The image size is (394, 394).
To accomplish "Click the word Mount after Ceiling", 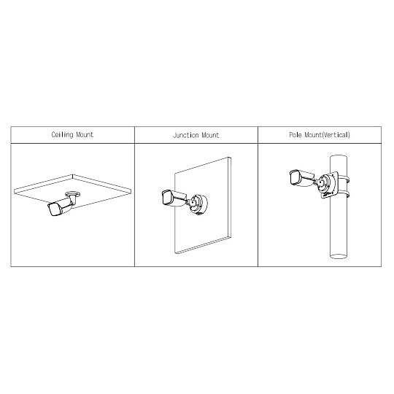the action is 85,135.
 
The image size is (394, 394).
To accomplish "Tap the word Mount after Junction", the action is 210,135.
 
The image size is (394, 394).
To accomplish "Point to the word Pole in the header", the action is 295,135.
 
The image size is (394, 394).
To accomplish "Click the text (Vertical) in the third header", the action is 336,135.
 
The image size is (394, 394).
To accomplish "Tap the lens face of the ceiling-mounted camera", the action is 53,209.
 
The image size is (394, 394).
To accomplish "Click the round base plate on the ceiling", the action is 73,194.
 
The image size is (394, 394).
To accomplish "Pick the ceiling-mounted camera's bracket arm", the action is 73,200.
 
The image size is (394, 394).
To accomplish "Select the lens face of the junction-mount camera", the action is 166,198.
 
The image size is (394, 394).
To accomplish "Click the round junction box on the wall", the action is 199,204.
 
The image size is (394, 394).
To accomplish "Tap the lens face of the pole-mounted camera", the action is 294,177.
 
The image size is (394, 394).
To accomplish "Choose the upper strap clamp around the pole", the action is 344,180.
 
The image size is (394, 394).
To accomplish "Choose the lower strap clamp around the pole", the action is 344,194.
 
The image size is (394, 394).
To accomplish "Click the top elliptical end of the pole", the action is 339,157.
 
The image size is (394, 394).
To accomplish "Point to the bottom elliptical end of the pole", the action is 339,256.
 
